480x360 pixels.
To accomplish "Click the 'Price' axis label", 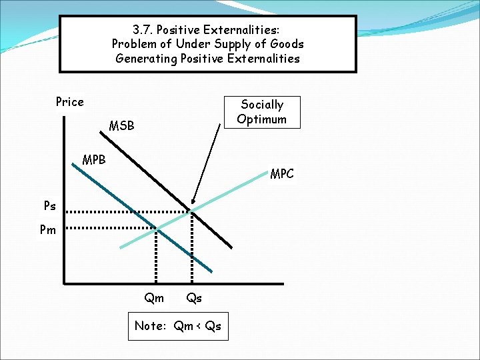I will tap(69, 102).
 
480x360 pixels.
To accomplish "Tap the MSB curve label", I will tap(121, 125).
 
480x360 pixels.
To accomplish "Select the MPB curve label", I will tap(93, 160).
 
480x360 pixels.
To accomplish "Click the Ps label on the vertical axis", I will tap(51, 207).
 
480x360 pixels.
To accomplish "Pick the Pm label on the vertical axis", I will tap(48, 230).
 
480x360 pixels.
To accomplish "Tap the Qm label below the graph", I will tap(154, 298).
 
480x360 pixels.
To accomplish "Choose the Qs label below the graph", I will tap(194, 298).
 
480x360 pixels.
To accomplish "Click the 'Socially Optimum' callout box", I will tap(261, 112).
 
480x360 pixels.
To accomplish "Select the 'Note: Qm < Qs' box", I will tap(178, 326).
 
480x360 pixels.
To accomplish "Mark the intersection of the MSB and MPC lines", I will tap(191, 211).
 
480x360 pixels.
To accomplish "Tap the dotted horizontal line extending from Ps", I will tap(127, 212).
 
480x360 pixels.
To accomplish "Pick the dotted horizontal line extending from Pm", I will tap(110, 229).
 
